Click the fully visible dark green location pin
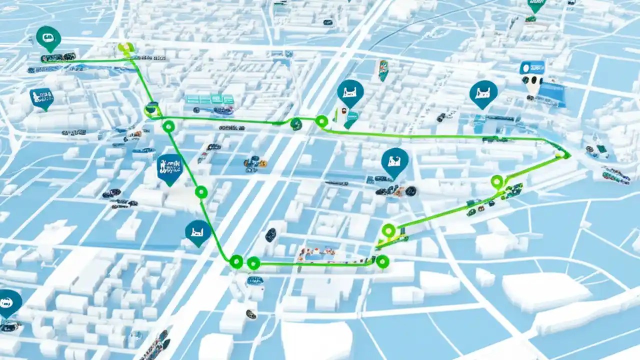[48, 37]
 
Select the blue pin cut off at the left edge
[9, 302]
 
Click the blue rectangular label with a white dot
[531, 68]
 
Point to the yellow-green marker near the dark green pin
[126, 49]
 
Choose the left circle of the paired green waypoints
[236, 261]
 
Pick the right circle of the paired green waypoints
[253, 262]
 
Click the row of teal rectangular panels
[210, 99]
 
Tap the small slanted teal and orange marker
[383, 70]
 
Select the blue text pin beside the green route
[169, 167]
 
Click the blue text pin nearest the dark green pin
[41, 97]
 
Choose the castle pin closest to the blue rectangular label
[483, 93]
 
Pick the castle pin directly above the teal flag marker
[350, 92]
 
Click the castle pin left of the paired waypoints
[198, 232]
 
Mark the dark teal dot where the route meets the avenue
[296, 124]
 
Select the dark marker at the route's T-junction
[151, 108]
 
